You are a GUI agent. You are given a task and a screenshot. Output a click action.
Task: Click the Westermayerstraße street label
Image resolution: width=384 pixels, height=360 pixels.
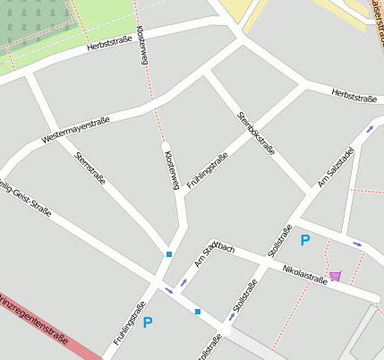pyautogui.click(x=81, y=127)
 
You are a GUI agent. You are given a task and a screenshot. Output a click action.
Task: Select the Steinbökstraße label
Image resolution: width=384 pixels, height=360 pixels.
pyautogui.click(x=256, y=133)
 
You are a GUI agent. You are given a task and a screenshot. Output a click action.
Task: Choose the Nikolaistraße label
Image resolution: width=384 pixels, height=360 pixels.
pyautogui.click(x=304, y=270)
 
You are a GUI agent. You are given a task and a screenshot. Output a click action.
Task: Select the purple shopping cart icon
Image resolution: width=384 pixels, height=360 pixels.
pyautogui.click(x=335, y=276)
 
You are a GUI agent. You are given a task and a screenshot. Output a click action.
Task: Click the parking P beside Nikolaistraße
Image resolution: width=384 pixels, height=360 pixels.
pyautogui.click(x=305, y=240)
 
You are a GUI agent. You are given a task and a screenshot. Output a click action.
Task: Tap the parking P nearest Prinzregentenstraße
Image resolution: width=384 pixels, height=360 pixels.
pyautogui.click(x=148, y=322)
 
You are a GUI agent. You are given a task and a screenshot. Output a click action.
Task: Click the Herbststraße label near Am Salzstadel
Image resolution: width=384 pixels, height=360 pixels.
pyautogui.click(x=353, y=95)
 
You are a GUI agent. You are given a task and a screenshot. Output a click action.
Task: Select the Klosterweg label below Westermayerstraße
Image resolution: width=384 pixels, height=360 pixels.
pyautogui.click(x=172, y=169)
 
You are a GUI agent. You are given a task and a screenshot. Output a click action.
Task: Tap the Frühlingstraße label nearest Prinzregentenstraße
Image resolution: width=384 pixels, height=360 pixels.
pyautogui.click(x=131, y=324)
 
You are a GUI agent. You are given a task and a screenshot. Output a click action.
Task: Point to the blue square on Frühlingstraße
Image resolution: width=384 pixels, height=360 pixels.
pyautogui.click(x=168, y=255)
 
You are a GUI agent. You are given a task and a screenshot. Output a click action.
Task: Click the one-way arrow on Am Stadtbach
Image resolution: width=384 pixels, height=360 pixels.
pyautogui.click(x=183, y=283)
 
